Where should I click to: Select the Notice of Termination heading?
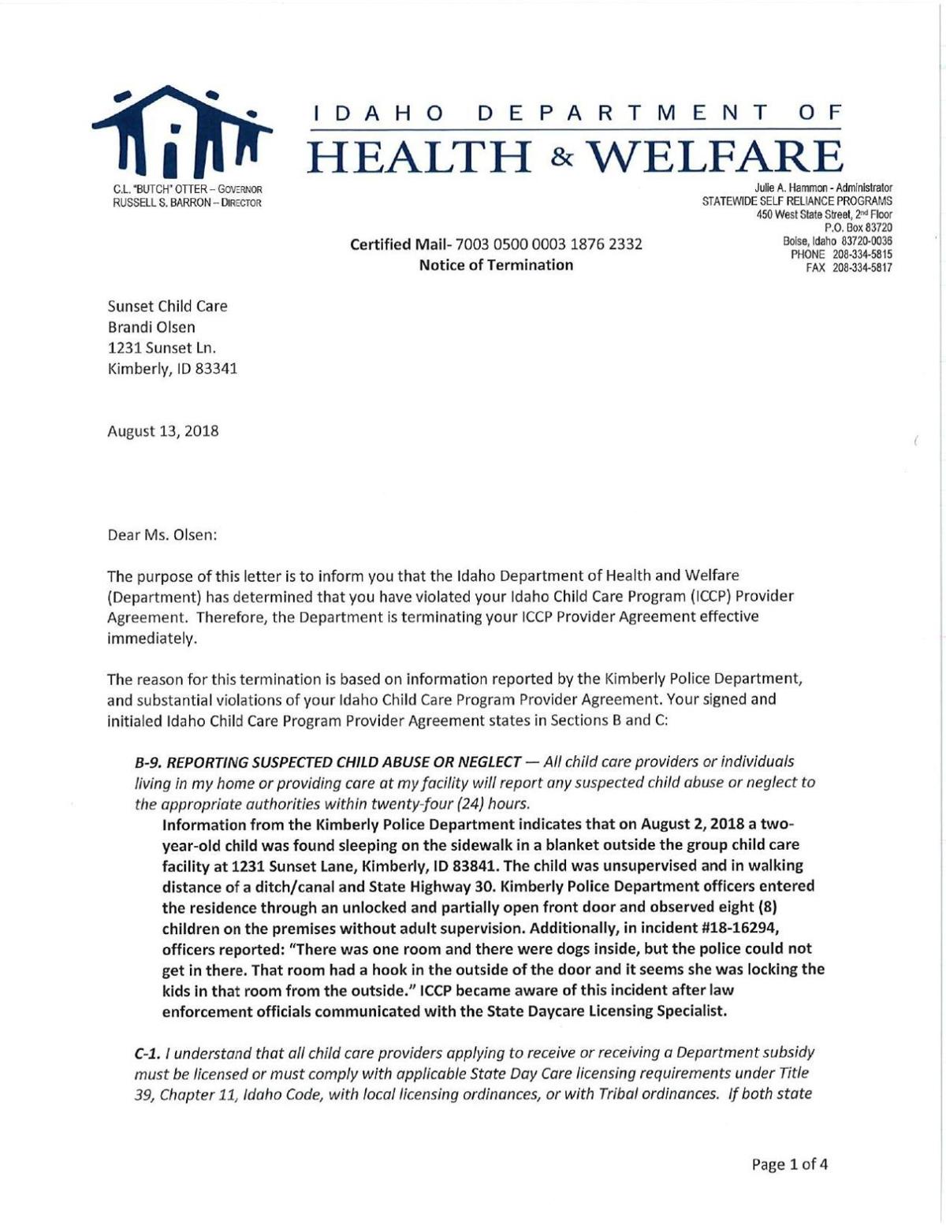point(496,265)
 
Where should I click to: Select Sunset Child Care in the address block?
point(167,307)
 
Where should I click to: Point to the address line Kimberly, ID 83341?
point(172,368)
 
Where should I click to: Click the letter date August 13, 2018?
point(163,431)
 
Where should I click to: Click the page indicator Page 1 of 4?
point(790,1164)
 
